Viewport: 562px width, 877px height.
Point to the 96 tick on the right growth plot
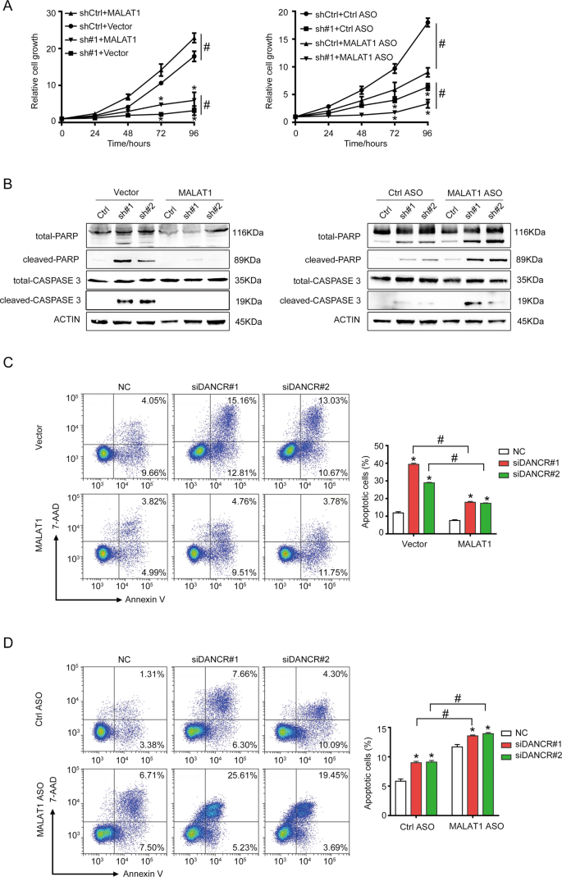pyautogui.click(x=427, y=131)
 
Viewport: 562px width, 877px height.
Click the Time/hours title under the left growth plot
pyautogui.click(x=128, y=142)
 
